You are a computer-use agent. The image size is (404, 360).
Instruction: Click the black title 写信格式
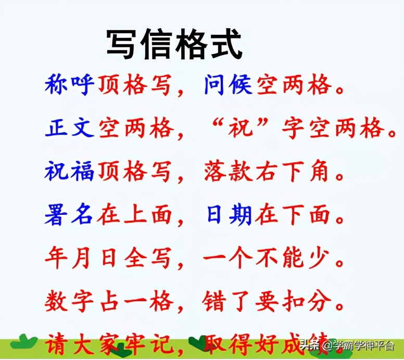(x=174, y=44)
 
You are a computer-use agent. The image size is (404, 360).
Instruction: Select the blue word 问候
(x=228, y=85)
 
